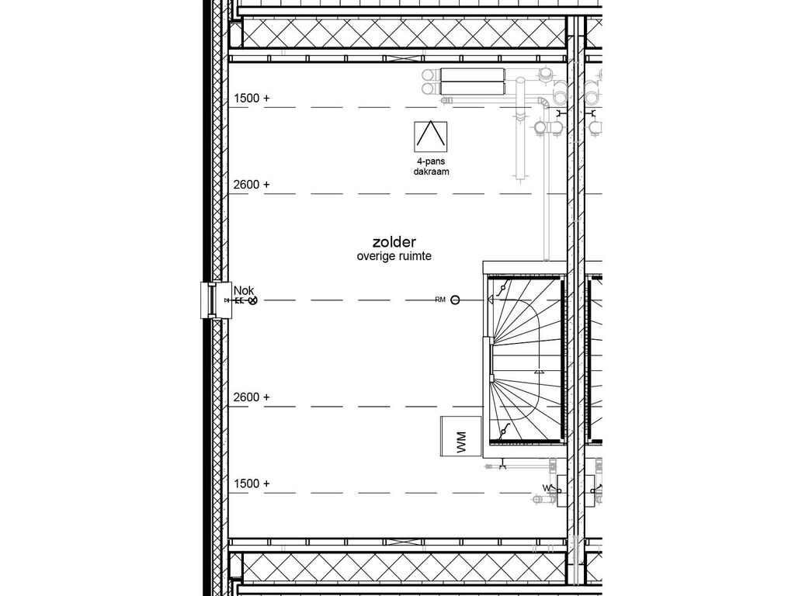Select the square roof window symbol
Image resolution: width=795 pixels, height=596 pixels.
click(x=431, y=137)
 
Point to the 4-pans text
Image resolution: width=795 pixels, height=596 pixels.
click(x=431, y=162)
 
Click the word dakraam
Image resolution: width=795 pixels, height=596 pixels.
click(x=431, y=172)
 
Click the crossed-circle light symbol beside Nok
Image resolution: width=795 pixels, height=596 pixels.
click(x=252, y=300)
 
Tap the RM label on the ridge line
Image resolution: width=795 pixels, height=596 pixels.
click(x=439, y=300)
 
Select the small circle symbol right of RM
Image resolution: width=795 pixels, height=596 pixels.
click(x=455, y=300)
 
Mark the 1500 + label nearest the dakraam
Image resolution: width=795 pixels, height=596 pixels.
click(x=252, y=99)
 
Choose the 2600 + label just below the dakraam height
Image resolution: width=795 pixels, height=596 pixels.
click(x=252, y=185)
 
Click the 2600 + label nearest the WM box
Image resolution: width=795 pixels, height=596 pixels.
click(x=252, y=397)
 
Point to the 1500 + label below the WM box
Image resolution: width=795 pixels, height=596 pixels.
click(x=252, y=483)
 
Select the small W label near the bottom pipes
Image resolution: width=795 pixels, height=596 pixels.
click(x=545, y=488)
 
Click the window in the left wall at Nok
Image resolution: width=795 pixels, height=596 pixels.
click(x=209, y=300)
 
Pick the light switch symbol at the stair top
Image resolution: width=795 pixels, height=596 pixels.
click(x=503, y=289)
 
